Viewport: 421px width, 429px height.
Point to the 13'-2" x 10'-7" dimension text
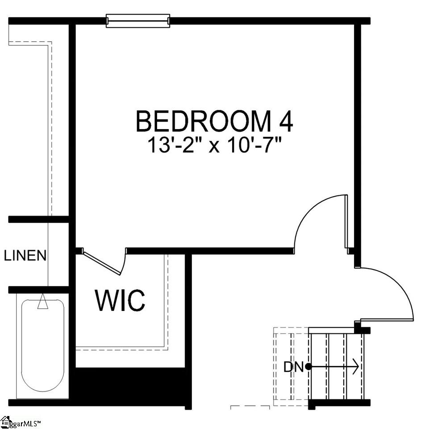click(216, 146)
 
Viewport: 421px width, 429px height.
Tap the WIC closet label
click(120, 300)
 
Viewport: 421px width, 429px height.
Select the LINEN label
click(25, 256)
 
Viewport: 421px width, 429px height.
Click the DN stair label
click(293, 367)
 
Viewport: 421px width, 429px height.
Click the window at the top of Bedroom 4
click(138, 21)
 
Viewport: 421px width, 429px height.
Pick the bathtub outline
click(43, 346)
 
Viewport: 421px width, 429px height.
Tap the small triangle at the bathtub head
click(43, 303)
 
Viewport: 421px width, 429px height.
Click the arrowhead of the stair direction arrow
click(355, 367)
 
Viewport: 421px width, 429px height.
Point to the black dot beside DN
click(308, 367)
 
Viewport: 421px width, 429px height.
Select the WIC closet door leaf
click(102, 263)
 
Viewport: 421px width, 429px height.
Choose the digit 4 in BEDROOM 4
click(284, 122)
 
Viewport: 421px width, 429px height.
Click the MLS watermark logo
click(6, 421)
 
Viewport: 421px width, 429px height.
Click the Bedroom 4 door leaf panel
click(346, 221)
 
